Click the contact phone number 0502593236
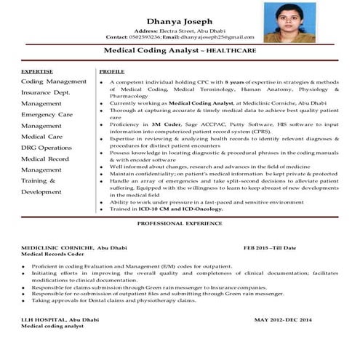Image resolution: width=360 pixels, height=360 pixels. point(145,37)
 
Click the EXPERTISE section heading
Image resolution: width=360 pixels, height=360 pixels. point(37,72)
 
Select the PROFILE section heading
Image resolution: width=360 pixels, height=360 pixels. point(111,72)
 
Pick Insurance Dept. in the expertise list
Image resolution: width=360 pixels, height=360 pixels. point(45,92)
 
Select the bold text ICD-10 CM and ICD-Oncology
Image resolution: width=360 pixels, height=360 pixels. point(183,209)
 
